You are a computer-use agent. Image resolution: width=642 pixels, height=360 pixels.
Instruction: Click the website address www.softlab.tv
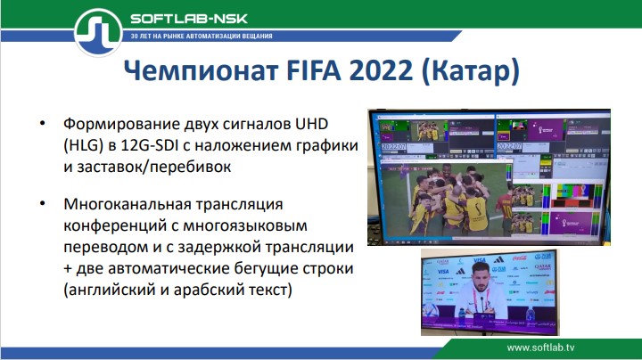click(553, 347)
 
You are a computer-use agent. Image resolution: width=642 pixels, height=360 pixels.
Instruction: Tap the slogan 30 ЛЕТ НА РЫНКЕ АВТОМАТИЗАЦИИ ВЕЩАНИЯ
click(202, 37)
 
